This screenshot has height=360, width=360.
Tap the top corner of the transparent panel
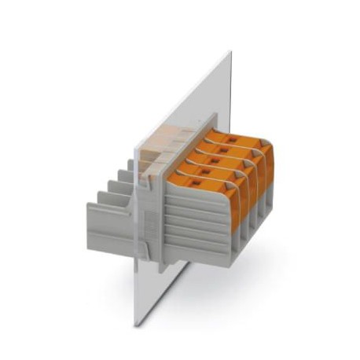[230, 53]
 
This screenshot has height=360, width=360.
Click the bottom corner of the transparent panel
[134, 324]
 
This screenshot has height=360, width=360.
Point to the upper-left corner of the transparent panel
[133, 146]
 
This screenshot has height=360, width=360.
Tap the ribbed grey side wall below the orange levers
[197, 228]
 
